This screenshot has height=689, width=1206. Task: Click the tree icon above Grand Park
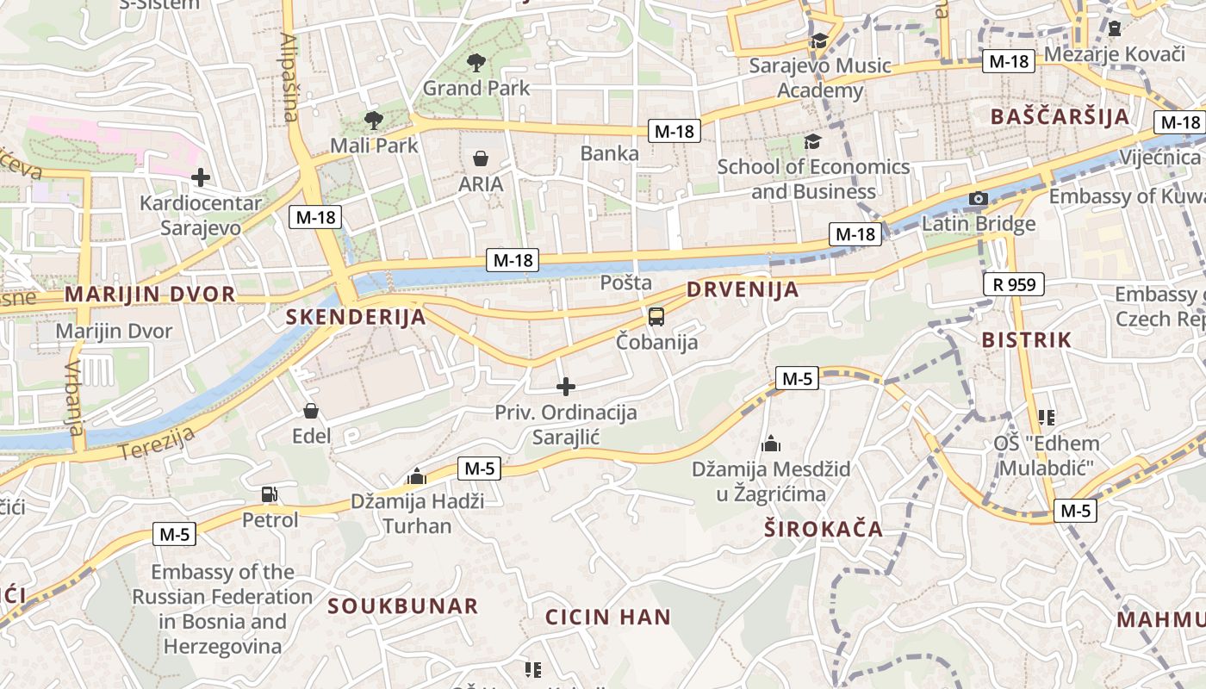pos(475,62)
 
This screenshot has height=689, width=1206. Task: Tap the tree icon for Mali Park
pos(373,120)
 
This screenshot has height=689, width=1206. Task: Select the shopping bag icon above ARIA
pos(481,158)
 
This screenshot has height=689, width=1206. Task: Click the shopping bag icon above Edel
pos(311,411)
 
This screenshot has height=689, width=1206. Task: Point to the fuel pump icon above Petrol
pos(270,494)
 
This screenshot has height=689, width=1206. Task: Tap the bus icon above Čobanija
pos(656,316)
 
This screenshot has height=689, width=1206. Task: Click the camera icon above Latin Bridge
pos(978,199)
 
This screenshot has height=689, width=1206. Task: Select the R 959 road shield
pos(1013,283)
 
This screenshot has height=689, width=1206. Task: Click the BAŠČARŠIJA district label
pos(1060,117)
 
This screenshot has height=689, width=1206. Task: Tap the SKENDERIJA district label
pos(356,317)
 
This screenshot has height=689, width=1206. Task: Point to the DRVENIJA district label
pos(743,290)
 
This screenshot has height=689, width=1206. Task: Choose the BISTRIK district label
pos(1027,340)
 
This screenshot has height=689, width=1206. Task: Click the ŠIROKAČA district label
pos(824,529)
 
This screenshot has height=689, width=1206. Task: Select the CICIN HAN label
pos(608,617)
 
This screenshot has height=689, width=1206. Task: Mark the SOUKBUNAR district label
pos(402,606)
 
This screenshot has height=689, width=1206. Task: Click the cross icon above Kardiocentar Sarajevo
pos(201,178)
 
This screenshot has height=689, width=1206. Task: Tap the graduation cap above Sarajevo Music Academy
pos(819,40)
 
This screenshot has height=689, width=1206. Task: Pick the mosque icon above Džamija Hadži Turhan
pos(417,476)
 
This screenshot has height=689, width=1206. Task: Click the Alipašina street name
pos(290,78)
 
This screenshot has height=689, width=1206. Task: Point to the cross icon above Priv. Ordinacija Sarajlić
pos(566,387)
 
